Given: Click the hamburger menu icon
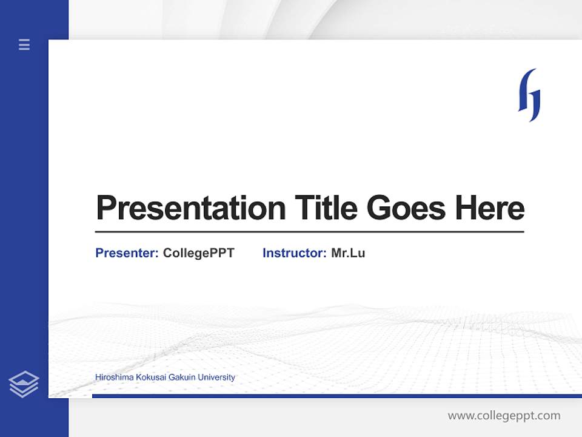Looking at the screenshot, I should point(24,44).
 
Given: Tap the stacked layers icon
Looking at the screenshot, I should point(24,384).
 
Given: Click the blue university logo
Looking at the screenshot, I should point(529,95).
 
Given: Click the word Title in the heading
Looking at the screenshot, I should point(326,208).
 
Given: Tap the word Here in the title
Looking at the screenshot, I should point(490,208).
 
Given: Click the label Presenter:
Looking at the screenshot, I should point(127,253).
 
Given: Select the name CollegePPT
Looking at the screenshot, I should point(199,253).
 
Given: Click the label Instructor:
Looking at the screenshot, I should point(295,253).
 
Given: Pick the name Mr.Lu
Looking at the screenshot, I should point(348,253).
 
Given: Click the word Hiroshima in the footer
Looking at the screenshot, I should point(112,378).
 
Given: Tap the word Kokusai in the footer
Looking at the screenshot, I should point(145,378).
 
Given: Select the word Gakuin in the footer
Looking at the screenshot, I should point(178,378).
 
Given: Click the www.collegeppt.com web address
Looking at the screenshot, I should point(504,416).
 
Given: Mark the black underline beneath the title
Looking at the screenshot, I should point(309,232).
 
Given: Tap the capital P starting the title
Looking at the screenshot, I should point(106,208).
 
